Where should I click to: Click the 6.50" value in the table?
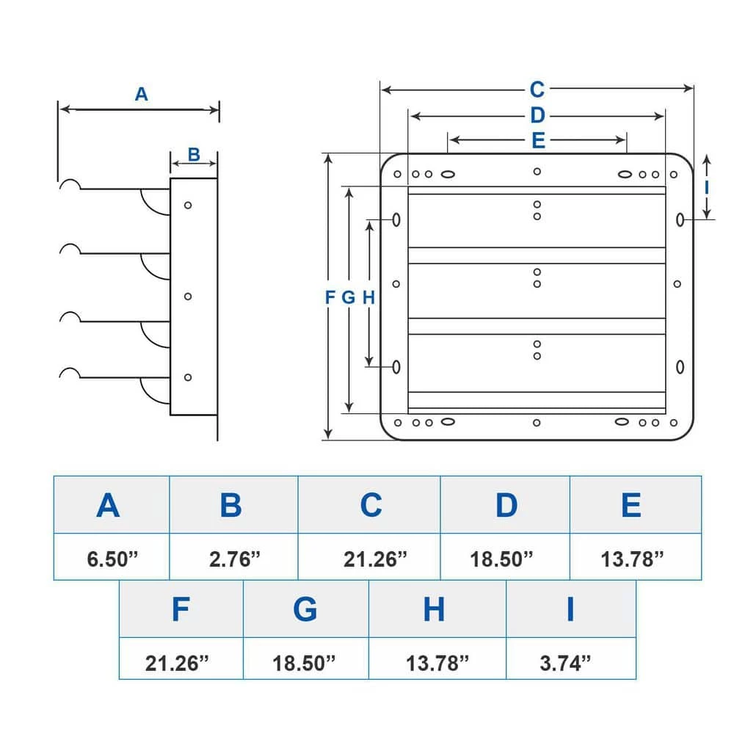point(112,559)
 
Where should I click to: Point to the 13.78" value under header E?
point(632,559)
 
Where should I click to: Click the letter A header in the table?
point(108,505)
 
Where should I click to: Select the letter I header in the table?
point(570,609)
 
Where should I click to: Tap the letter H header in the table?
point(434,609)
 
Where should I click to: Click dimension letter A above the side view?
point(142,94)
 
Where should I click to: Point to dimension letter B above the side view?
point(194,154)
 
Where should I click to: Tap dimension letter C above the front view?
point(537,90)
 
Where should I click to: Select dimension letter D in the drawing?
point(537,115)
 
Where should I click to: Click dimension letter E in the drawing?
point(538,141)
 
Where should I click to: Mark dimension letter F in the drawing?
point(330,297)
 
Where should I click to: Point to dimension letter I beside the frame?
point(706,186)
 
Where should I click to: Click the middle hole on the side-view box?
point(188,296)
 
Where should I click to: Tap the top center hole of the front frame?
point(537,171)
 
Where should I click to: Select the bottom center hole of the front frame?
point(537,423)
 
